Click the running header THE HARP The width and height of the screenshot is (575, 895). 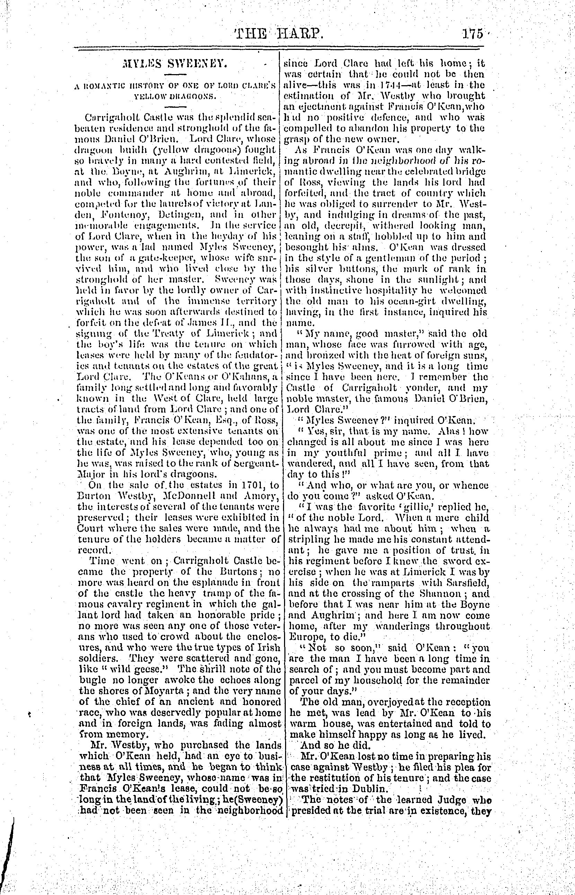coord(278,35)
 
